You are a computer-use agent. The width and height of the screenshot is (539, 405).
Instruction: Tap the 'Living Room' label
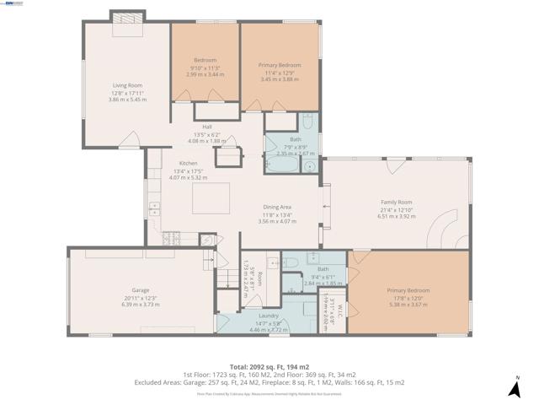pos(128,85)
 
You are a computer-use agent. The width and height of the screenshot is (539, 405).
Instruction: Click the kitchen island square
pos(210,201)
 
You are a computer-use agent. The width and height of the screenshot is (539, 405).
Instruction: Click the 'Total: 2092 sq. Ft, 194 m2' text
pos(269,366)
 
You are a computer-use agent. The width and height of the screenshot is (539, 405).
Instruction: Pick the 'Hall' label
pos(206,127)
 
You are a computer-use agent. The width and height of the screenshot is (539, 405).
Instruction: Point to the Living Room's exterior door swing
pos(130,138)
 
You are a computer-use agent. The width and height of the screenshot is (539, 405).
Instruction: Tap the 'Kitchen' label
pos(188,164)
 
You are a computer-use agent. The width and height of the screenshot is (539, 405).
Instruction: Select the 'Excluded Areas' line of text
pos(269,382)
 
